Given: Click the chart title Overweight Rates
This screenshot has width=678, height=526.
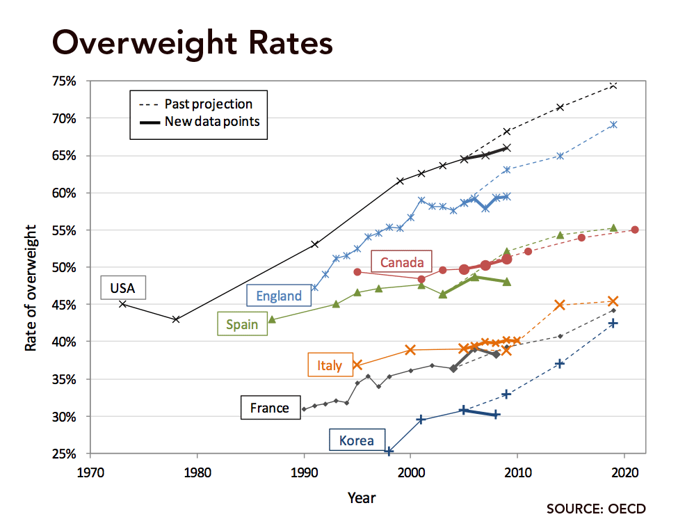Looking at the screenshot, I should [x=193, y=43].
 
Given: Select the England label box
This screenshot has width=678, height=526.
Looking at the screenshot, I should [x=279, y=296].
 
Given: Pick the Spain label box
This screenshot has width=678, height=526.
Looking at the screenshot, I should [x=241, y=324].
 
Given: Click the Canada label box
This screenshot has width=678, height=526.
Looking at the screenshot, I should [x=401, y=262].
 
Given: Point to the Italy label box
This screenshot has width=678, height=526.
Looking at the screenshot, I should [x=329, y=365].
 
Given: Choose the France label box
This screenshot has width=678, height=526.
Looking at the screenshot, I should [x=270, y=408].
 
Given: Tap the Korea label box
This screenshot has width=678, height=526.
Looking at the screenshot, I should [x=356, y=440].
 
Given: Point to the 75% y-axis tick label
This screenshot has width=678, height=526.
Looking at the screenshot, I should [x=63, y=81].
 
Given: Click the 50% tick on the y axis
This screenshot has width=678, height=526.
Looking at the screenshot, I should [x=63, y=267].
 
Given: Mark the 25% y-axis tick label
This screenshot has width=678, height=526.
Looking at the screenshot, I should [x=63, y=454].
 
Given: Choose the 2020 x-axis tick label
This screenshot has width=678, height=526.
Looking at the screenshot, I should [x=624, y=471].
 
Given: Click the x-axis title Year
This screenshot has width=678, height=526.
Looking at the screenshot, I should [x=362, y=497].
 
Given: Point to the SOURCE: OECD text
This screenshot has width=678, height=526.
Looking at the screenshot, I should [x=596, y=509].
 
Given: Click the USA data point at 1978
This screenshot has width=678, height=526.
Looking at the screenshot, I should [x=176, y=319].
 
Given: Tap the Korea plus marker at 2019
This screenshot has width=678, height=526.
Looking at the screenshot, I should [x=613, y=324].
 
